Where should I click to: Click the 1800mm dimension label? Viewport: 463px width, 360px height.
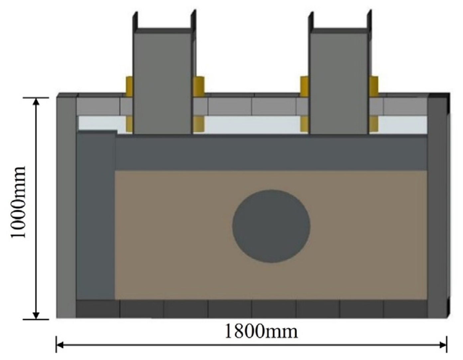(x=261, y=331)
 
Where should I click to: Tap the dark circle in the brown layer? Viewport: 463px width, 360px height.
(x=271, y=226)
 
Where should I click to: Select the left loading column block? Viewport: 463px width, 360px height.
(x=163, y=83)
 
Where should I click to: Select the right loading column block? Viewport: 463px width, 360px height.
(x=339, y=83)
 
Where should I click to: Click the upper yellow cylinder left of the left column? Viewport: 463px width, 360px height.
(x=129, y=86)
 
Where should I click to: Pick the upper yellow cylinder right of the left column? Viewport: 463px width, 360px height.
(x=198, y=86)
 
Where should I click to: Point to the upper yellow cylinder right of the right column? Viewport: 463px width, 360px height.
(x=374, y=86)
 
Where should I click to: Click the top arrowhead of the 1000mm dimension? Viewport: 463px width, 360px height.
(x=37, y=101)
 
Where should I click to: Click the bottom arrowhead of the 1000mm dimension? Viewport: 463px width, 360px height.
(x=37, y=315)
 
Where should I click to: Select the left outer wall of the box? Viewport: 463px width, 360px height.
(x=66, y=206)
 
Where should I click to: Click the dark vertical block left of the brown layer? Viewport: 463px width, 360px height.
(x=96, y=216)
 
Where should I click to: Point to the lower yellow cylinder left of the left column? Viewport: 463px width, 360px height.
(x=129, y=124)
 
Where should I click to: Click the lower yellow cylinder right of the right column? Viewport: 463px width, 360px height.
(x=374, y=124)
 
